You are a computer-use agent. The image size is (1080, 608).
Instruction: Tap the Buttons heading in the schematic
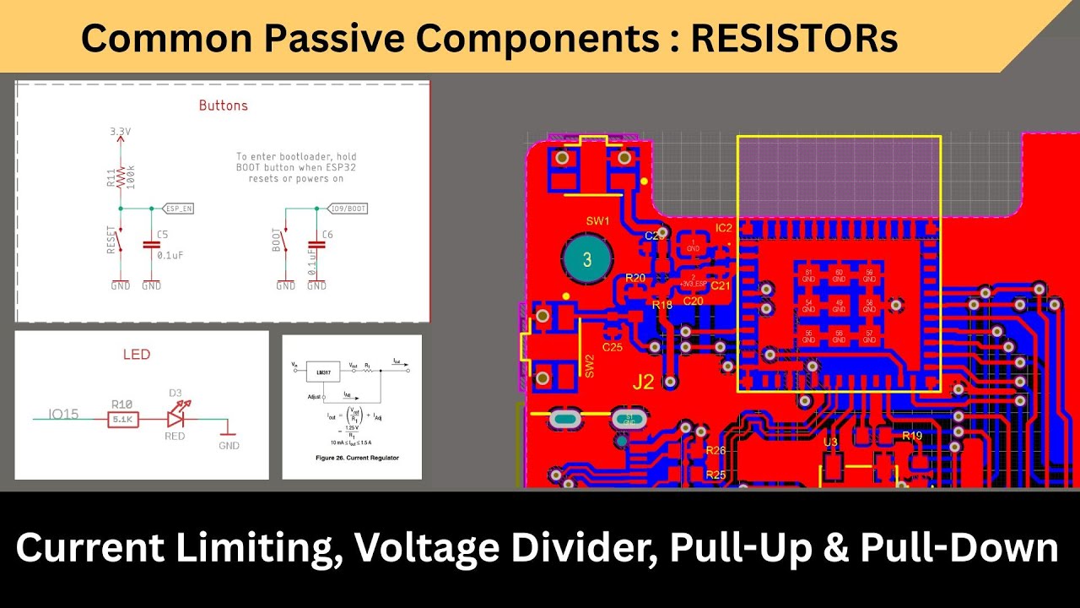[x=223, y=106]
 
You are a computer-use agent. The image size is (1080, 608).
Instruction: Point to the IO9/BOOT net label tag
[x=346, y=208]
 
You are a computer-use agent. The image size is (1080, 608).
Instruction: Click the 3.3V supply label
[x=121, y=133]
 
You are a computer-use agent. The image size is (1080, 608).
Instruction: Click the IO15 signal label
[x=63, y=414]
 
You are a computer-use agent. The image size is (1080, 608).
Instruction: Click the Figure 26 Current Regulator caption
[x=352, y=458]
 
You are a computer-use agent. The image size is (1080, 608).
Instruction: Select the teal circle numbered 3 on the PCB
[x=587, y=260]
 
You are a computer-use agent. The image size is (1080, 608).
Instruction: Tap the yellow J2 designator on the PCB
[x=643, y=383]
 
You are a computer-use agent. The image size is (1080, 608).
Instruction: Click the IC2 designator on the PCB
[x=723, y=228]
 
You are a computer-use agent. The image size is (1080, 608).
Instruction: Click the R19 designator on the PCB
[x=911, y=436]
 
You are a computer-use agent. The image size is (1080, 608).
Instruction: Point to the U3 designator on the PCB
[x=830, y=442]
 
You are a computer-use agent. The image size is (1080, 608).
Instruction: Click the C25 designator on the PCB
[x=612, y=347]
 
